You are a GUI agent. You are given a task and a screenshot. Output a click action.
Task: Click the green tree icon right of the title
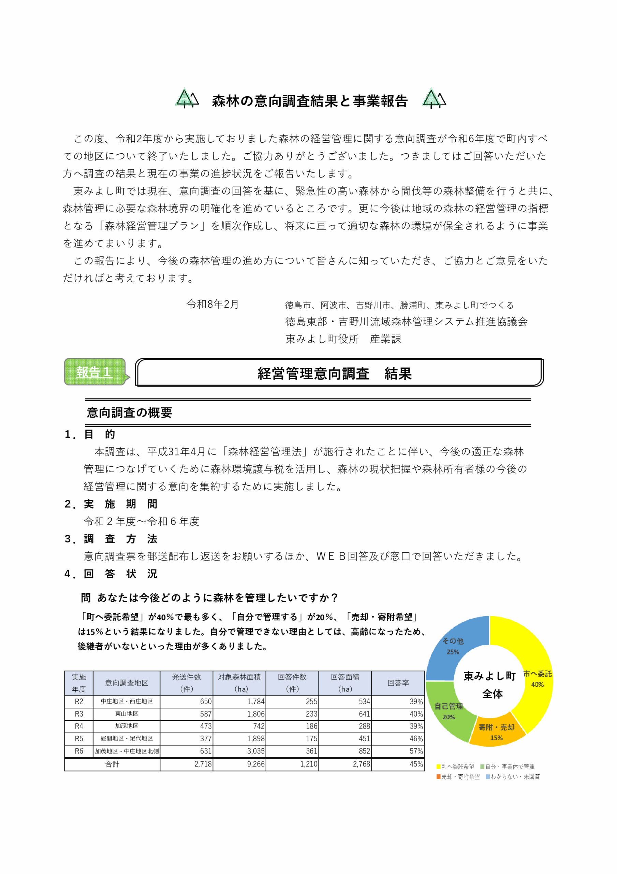point(434,99)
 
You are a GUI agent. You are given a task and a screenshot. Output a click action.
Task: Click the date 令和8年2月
point(212,304)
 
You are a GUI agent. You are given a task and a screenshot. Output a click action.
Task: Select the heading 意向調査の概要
point(129,413)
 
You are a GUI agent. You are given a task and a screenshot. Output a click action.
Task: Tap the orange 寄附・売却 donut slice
point(496,732)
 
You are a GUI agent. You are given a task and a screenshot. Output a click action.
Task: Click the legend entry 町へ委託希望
point(455,766)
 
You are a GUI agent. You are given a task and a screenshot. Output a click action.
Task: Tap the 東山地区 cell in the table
point(127,714)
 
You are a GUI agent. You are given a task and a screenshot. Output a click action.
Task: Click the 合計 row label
point(112,764)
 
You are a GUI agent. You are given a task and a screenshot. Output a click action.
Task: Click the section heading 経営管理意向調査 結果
point(335,373)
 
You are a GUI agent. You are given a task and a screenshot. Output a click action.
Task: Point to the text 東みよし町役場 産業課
point(343,339)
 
